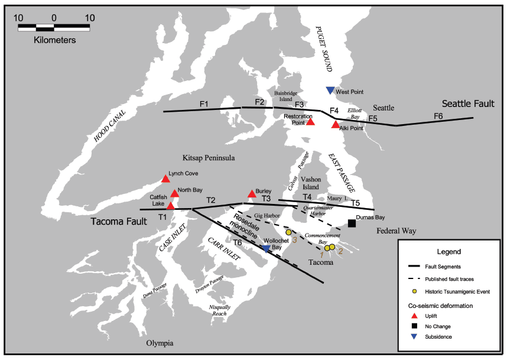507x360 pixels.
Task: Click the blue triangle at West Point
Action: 330,90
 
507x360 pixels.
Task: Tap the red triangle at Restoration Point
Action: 310,122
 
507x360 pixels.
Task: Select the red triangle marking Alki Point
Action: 336,124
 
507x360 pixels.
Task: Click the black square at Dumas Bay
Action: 352,223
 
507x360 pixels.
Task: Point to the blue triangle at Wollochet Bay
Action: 266,249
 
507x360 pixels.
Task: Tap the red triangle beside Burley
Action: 252,193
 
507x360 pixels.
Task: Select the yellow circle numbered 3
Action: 288,232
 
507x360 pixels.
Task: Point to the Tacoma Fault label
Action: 116,222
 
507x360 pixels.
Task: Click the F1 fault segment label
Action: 204,105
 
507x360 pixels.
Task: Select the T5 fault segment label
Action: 355,203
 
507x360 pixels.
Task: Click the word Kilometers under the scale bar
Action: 53,41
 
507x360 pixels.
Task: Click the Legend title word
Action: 448,252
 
